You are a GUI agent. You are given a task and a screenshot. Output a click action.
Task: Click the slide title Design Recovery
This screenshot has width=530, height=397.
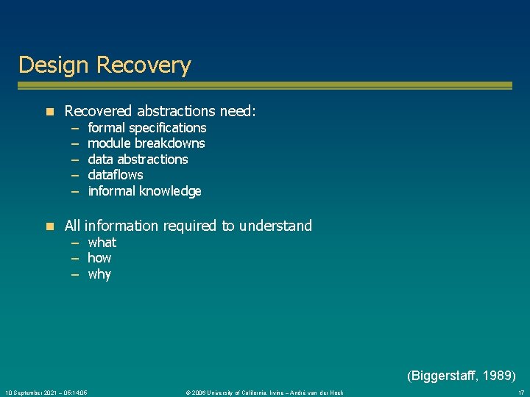click(105, 65)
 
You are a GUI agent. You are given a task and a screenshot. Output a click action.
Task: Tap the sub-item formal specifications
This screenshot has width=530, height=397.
click(146, 128)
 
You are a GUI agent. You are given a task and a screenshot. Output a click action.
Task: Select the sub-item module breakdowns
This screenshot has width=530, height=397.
click(146, 143)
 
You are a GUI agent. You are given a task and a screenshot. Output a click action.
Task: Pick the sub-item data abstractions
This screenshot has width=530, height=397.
click(138, 160)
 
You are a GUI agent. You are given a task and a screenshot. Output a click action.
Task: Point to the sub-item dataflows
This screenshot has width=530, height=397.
click(115, 175)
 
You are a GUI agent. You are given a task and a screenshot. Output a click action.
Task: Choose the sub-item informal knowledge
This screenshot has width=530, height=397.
click(144, 191)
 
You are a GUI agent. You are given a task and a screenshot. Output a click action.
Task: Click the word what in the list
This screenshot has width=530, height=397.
click(102, 243)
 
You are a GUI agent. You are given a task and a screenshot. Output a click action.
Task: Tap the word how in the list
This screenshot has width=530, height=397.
click(99, 258)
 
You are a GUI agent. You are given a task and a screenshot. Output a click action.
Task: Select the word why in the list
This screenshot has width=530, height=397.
click(99, 274)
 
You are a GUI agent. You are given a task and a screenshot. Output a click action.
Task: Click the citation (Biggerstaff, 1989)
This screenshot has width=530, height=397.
click(461, 376)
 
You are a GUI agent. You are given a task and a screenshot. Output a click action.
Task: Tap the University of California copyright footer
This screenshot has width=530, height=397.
click(264, 393)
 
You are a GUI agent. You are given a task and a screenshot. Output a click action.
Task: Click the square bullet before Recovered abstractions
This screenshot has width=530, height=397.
click(49, 112)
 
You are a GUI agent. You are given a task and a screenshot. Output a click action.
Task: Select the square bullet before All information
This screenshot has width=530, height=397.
click(49, 226)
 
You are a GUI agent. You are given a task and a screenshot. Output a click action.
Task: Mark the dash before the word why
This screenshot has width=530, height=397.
click(75, 274)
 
